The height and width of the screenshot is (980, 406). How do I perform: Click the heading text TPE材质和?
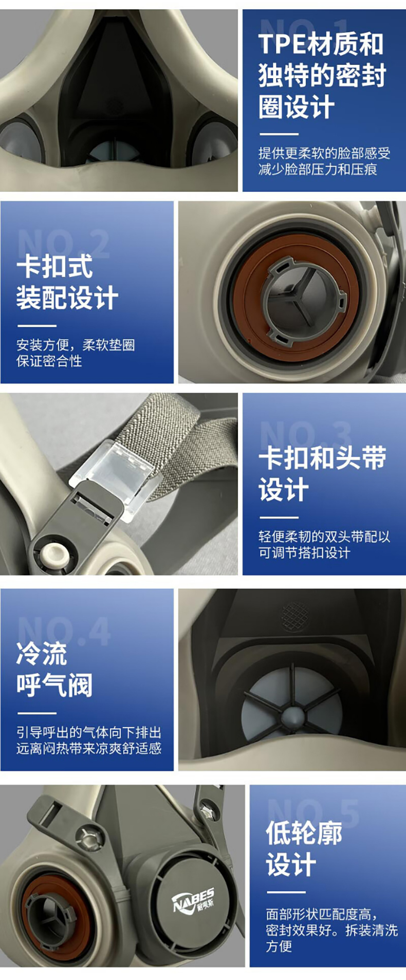tap(321, 44)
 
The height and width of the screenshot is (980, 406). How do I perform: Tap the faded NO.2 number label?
tap(64, 243)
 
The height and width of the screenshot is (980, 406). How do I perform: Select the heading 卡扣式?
tap(54, 266)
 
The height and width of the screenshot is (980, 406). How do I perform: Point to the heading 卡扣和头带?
tap(322, 457)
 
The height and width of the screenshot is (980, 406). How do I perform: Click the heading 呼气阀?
tap(54, 685)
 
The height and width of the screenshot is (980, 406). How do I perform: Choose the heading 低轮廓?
tap(304, 833)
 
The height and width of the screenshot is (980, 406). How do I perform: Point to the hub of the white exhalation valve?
tap(292, 715)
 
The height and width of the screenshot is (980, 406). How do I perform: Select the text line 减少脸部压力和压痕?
tap(318, 170)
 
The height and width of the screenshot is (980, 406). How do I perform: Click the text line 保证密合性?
tap(49, 361)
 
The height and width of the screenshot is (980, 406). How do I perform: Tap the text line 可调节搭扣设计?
tap(304, 552)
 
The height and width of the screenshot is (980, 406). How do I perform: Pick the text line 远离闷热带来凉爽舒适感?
tap(89, 748)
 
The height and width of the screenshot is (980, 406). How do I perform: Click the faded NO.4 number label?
tap(64, 631)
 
